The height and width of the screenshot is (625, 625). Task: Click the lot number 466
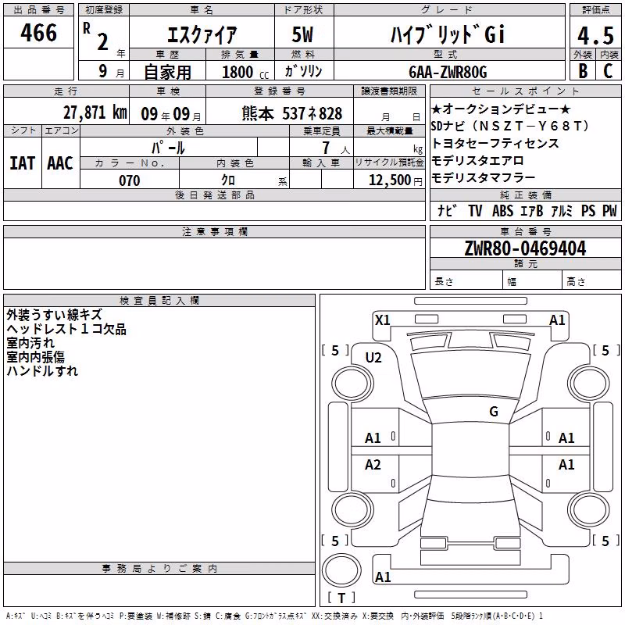click(x=38, y=33)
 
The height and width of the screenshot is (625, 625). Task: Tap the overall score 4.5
click(x=595, y=35)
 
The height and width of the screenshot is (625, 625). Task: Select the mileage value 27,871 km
click(x=95, y=112)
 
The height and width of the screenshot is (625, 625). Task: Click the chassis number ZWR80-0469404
click(x=525, y=248)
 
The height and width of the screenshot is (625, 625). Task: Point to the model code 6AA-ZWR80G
click(x=448, y=72)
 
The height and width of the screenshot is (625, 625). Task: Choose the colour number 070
click(x=130, y=180)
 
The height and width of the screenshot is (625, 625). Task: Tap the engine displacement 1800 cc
click(x=245, y=72)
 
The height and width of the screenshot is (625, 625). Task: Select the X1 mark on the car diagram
click(x=382, y=320)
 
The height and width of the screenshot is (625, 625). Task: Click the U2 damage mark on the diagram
click(x=373, y=358)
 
